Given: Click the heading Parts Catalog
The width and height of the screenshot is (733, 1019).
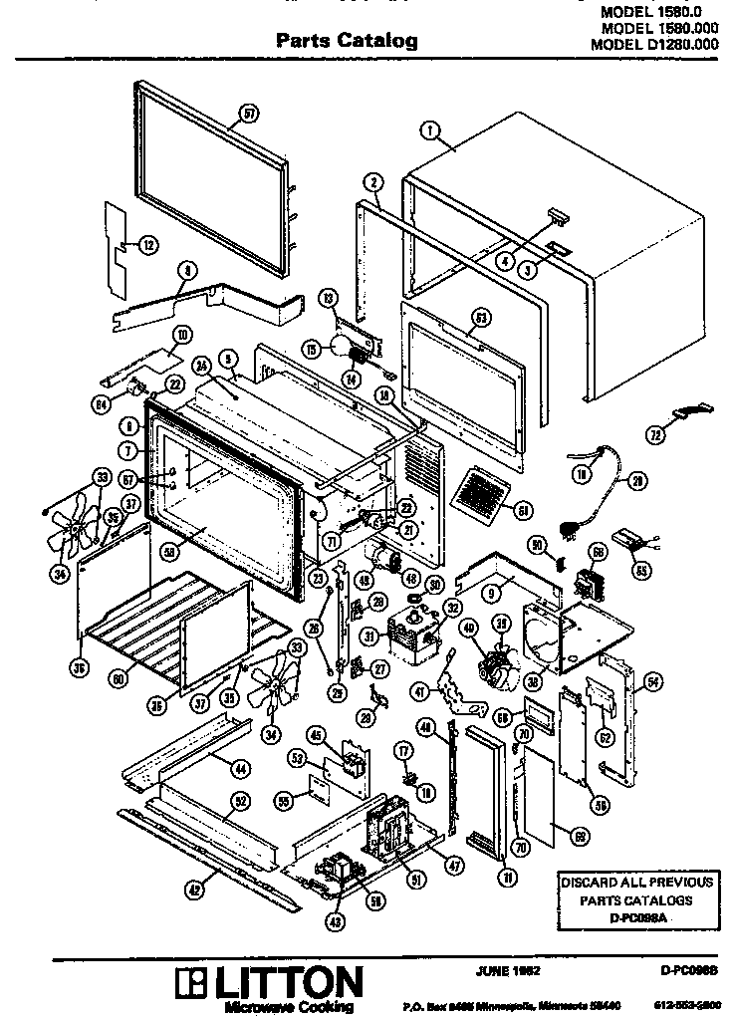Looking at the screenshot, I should tap(346, 41).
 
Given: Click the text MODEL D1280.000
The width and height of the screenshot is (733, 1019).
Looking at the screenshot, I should tap(654, 44).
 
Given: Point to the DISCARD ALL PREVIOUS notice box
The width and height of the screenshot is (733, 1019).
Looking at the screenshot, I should tap(635, 899).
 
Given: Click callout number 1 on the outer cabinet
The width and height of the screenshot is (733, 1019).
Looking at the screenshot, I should tap(430, 128).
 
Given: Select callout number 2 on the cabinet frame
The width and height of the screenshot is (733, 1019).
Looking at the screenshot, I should tap(372, 182).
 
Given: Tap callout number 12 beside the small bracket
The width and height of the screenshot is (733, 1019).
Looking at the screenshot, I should tap(147, 243).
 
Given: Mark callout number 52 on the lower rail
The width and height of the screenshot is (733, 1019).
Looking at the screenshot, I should tap(240, 800).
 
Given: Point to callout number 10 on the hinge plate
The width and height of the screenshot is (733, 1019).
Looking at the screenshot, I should tap(183, 334).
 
